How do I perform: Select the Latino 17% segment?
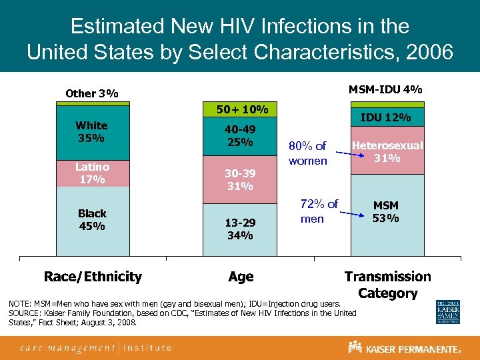(x=92, y=173)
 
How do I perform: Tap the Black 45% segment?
(x=92, y=220)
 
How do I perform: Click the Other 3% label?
(x=91, y=93)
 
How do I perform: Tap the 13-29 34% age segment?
(x=240, y=228)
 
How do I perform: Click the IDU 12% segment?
(x=387, y=118)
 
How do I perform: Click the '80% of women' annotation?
(x=307, y=153)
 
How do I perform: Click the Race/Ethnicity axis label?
(x=93, y=277)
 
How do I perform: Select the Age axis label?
(x=241, y=277)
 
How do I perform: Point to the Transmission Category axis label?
(x=387, y=285)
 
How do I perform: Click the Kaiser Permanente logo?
(x=404, y=347)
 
